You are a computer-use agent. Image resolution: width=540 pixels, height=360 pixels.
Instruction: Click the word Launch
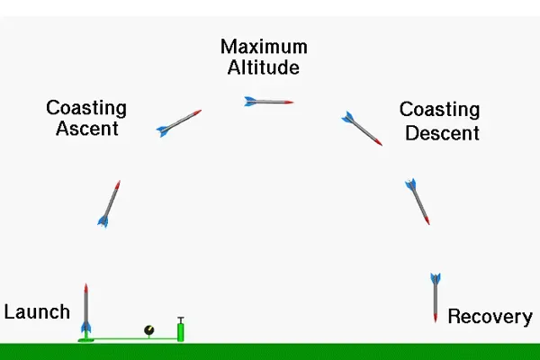point(37,312)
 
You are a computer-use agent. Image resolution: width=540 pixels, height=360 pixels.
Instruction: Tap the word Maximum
point(264,47)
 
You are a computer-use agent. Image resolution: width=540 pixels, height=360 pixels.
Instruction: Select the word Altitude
point(264,67)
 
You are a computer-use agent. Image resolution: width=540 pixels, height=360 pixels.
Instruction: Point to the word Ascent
point(86,129)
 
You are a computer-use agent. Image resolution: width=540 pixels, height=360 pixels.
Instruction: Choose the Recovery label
point(490,317)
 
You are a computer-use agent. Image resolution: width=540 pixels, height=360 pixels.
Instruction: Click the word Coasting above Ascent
point(86,109)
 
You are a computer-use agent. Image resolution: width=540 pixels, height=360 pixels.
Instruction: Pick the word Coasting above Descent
point(439,111)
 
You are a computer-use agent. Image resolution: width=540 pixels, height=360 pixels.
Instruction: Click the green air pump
point(181,330)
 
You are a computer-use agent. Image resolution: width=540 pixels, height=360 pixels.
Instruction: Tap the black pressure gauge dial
point(149,330)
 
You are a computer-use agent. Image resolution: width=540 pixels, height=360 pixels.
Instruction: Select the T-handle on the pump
point(181,318)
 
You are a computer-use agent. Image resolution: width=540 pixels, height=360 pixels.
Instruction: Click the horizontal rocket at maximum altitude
point(268,102)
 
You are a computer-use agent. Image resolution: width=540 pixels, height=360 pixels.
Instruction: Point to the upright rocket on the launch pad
point(86,310)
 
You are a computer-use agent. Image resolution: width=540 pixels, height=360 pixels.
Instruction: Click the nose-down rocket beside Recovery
point(435,297)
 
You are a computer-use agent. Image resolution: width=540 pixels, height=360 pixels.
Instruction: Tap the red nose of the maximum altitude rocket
point(290,103)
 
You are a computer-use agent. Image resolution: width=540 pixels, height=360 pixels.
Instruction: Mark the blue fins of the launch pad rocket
point(86,328)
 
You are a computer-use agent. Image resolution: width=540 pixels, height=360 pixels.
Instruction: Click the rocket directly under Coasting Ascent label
point(110,203)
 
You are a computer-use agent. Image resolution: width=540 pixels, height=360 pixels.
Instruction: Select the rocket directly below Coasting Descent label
point(418,202)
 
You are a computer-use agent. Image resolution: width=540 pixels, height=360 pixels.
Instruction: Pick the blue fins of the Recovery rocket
point(435,278)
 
